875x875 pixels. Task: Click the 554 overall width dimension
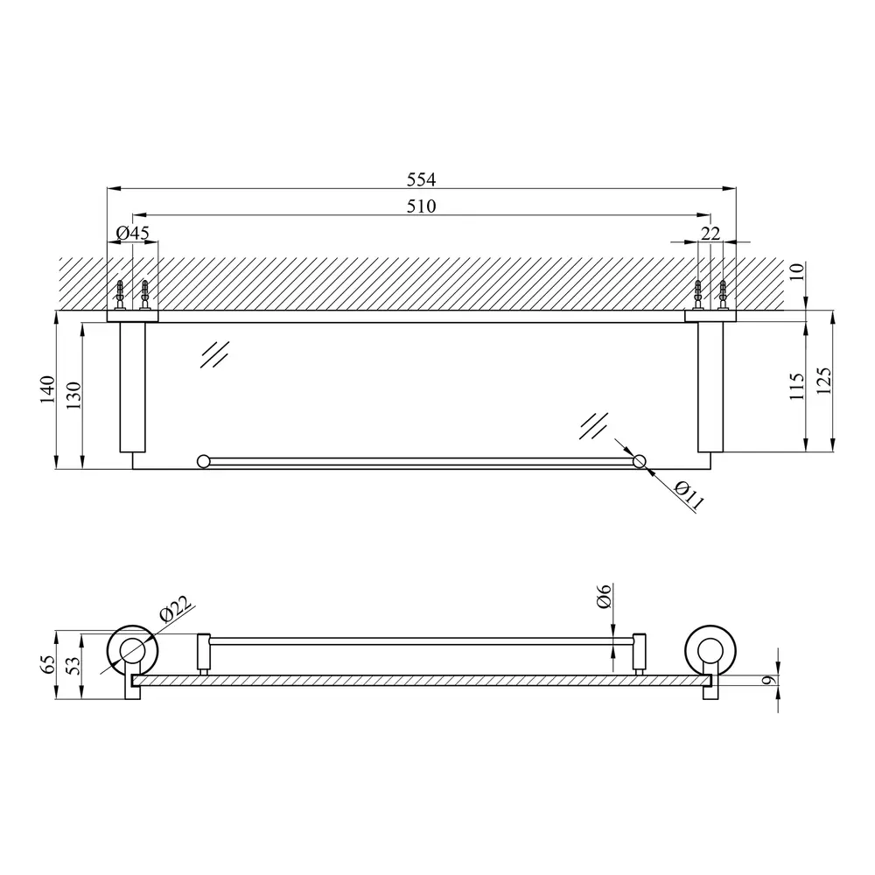(x=421, y=179)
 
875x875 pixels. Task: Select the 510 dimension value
(x=421, y=206)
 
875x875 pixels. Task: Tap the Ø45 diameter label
(x=133, y=234)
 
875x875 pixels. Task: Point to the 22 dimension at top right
(x=710, y=234)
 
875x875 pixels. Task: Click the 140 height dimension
(x=47, y=389)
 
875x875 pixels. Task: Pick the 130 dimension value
(x=73, y=395)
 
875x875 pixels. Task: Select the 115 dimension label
(x=796, y=386)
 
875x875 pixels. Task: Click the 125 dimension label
(x=823, y=381)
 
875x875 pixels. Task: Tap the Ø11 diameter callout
(x=689, y=496)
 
